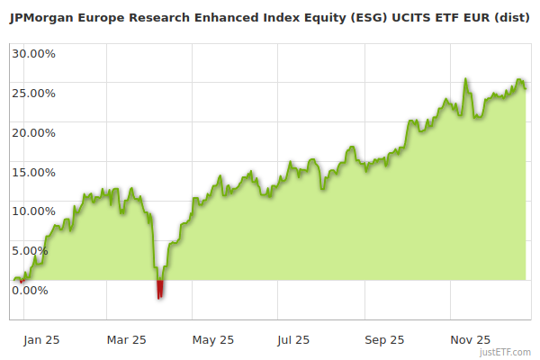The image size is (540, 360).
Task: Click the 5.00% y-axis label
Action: (31, 250)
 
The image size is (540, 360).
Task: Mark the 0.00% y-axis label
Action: (31, 290)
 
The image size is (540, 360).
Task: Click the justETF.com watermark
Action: (507, 353)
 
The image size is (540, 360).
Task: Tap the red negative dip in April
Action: (160, 290)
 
